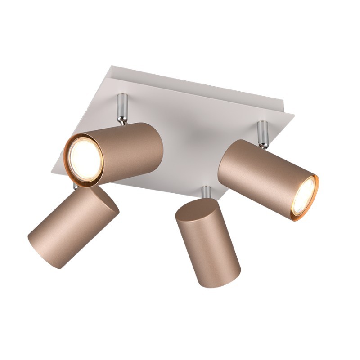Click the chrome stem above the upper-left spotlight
click(x=121, y=106)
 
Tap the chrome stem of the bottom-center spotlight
click(x=206, y=192)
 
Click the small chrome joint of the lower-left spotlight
click(x=76, y=186)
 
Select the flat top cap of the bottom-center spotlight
click(x=196, y=210)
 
